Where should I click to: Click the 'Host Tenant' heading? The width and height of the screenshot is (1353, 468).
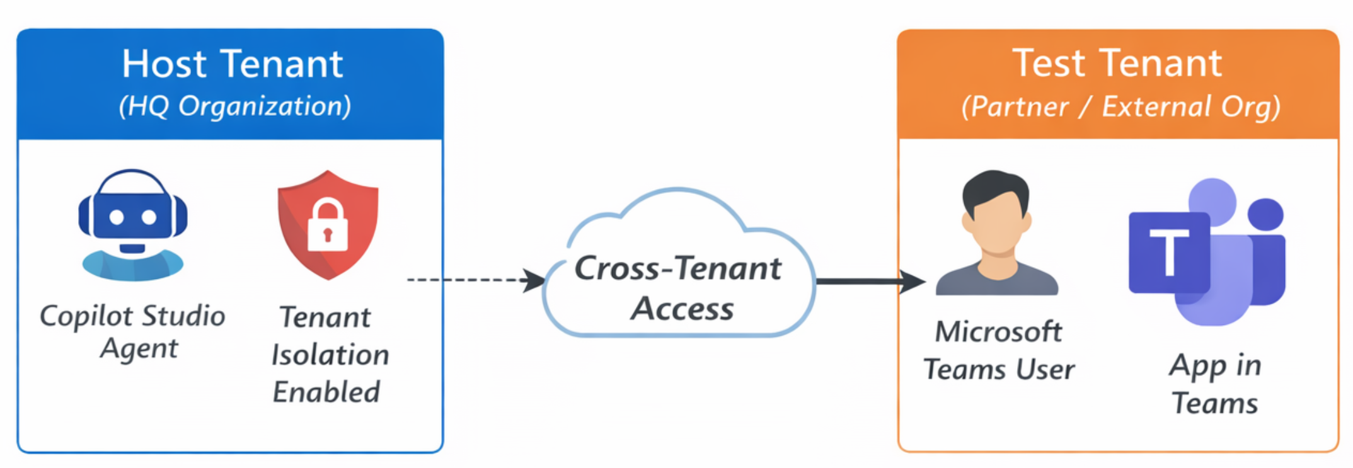232,64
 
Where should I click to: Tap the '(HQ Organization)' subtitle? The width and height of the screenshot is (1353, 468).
234,106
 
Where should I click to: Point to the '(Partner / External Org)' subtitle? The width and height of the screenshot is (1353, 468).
1120,106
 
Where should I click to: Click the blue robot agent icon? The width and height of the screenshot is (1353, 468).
132,224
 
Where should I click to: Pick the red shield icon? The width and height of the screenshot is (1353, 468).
328,224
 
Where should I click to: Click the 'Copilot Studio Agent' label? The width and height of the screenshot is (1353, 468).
133,331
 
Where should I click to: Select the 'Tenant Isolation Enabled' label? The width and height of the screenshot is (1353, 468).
329,354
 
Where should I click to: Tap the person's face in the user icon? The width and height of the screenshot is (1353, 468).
996,224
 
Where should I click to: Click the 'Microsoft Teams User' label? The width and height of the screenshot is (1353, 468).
999,350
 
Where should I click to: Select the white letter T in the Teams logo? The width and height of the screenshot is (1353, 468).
1169,251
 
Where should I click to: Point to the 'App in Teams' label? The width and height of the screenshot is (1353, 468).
1214,384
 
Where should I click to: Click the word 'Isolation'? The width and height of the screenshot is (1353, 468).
330,355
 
